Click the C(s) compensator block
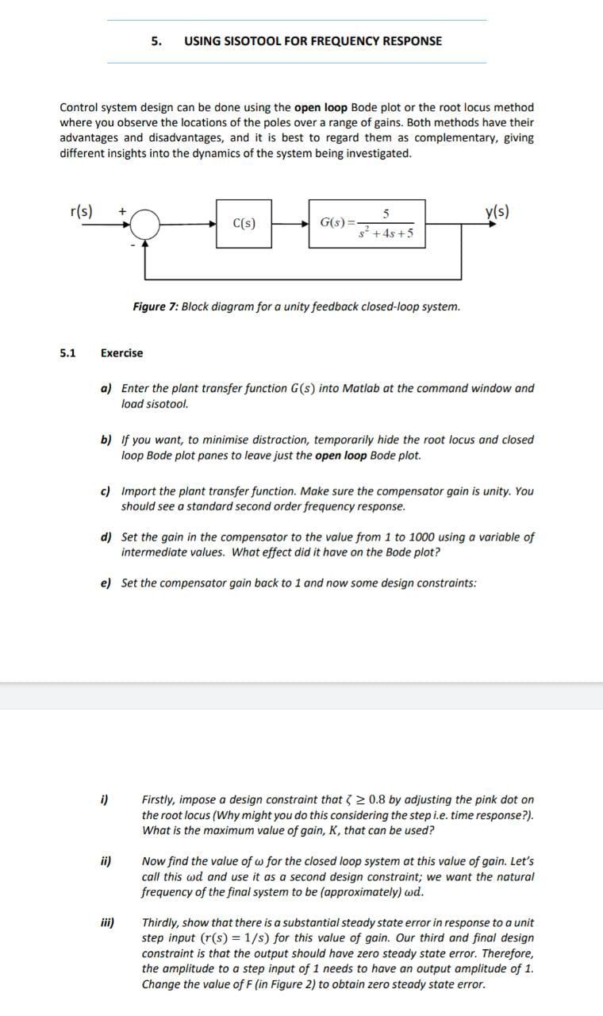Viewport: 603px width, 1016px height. [244, 224]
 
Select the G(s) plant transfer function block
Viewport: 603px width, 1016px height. [367, 224]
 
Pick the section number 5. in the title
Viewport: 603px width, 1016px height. [157, 40]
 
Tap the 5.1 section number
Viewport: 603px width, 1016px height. [68, 352]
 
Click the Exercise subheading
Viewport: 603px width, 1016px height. [122, 352]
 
